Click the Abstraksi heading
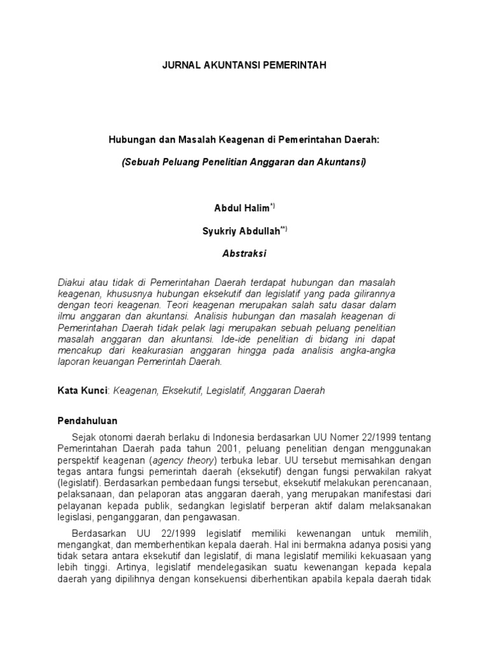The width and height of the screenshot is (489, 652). [x=244, y=253]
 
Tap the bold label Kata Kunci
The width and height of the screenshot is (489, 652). [x=81, y=391]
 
